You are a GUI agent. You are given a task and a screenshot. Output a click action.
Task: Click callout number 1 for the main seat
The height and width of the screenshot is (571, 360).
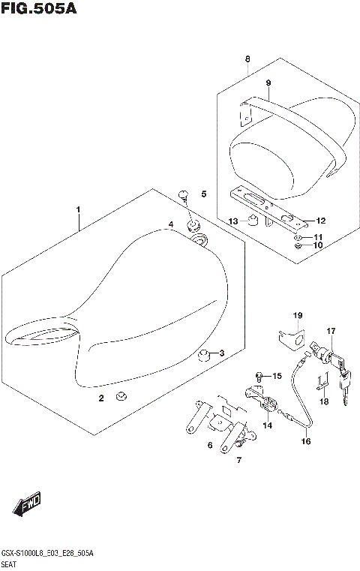[78, 210]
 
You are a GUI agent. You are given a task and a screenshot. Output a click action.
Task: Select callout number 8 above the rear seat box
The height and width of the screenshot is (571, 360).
[247, 59]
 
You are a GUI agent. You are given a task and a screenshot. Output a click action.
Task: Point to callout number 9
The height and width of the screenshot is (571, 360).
[267, 83]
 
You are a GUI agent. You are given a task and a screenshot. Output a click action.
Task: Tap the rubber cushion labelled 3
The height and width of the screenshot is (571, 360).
[202, 353]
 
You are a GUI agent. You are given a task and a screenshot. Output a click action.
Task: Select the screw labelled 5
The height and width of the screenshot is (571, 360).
[183, 196]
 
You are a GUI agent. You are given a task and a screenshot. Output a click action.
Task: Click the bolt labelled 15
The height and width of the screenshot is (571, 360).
[259, 374]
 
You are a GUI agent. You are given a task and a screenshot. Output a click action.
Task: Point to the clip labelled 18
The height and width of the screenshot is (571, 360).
[322, 383]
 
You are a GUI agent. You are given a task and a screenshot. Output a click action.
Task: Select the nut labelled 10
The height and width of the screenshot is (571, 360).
[298, 245]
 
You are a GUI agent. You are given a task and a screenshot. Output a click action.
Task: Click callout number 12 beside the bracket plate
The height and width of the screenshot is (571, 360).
[320, 221]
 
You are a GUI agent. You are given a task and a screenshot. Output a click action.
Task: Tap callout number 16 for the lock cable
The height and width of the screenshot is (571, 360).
[306, 442]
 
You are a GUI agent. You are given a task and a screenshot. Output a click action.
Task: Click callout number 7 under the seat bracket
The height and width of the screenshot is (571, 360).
[239, 459]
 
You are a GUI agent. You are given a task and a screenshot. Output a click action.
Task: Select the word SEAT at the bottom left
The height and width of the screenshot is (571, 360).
[10, 562]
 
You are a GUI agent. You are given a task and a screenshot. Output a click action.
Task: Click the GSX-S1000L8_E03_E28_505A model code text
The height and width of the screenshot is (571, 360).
[49, 551]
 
